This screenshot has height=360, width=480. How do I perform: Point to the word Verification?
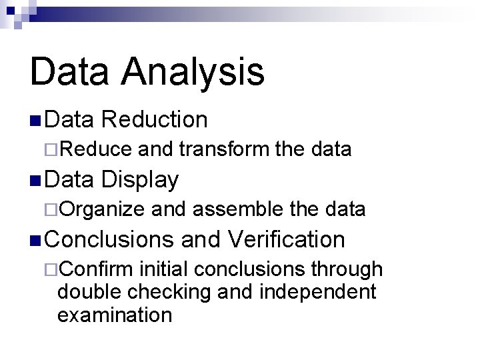[x=286, y=239]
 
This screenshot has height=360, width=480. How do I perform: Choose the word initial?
[x=164, y=269]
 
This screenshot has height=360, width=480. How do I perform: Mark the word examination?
[x=115, y=314]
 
